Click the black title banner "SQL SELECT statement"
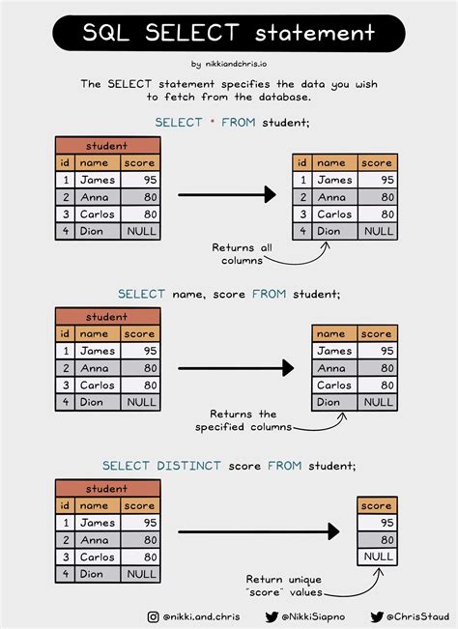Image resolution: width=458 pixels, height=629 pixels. click(x=228, y=34)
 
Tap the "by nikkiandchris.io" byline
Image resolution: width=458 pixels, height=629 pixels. click(x=229, y=65)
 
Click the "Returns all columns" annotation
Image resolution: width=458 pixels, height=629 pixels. click(x=243, y=254)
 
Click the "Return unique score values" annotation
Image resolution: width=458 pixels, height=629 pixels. click(x=282, y=586)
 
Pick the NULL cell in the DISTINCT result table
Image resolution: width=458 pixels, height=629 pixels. click(x=377, y=558)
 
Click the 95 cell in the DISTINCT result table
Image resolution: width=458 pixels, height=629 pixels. click(x=377, y=523)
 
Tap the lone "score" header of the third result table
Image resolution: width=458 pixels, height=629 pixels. click(x=377, y=505)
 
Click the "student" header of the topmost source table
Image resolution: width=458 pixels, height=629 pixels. click(x=107, y=146)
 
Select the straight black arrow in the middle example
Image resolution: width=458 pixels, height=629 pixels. click(x=235, y=368)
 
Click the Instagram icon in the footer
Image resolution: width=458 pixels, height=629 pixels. click(x=154, y=616)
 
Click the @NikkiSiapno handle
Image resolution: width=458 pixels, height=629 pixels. click(x=308, y=616)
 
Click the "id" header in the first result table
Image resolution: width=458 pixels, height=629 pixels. click(x=302, y=162)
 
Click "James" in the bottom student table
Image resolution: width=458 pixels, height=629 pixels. click(x=97, y=523)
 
